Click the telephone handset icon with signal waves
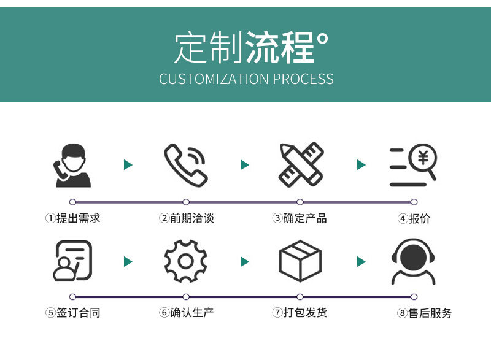[185, 164]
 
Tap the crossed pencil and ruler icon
[300, 164]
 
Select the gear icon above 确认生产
[185, 261]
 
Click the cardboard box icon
[300, 261]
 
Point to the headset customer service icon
[414, 261]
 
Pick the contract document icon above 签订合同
[73, 261]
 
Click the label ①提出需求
[72, 218]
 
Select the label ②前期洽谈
[187, 218]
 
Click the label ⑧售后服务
[424, 313]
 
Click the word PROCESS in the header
[303, 79]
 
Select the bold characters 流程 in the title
[280, 47]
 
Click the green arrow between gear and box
[245, 262]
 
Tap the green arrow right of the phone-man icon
[128, 164]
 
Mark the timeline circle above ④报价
[414, 202]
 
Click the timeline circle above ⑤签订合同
[72, 296]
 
